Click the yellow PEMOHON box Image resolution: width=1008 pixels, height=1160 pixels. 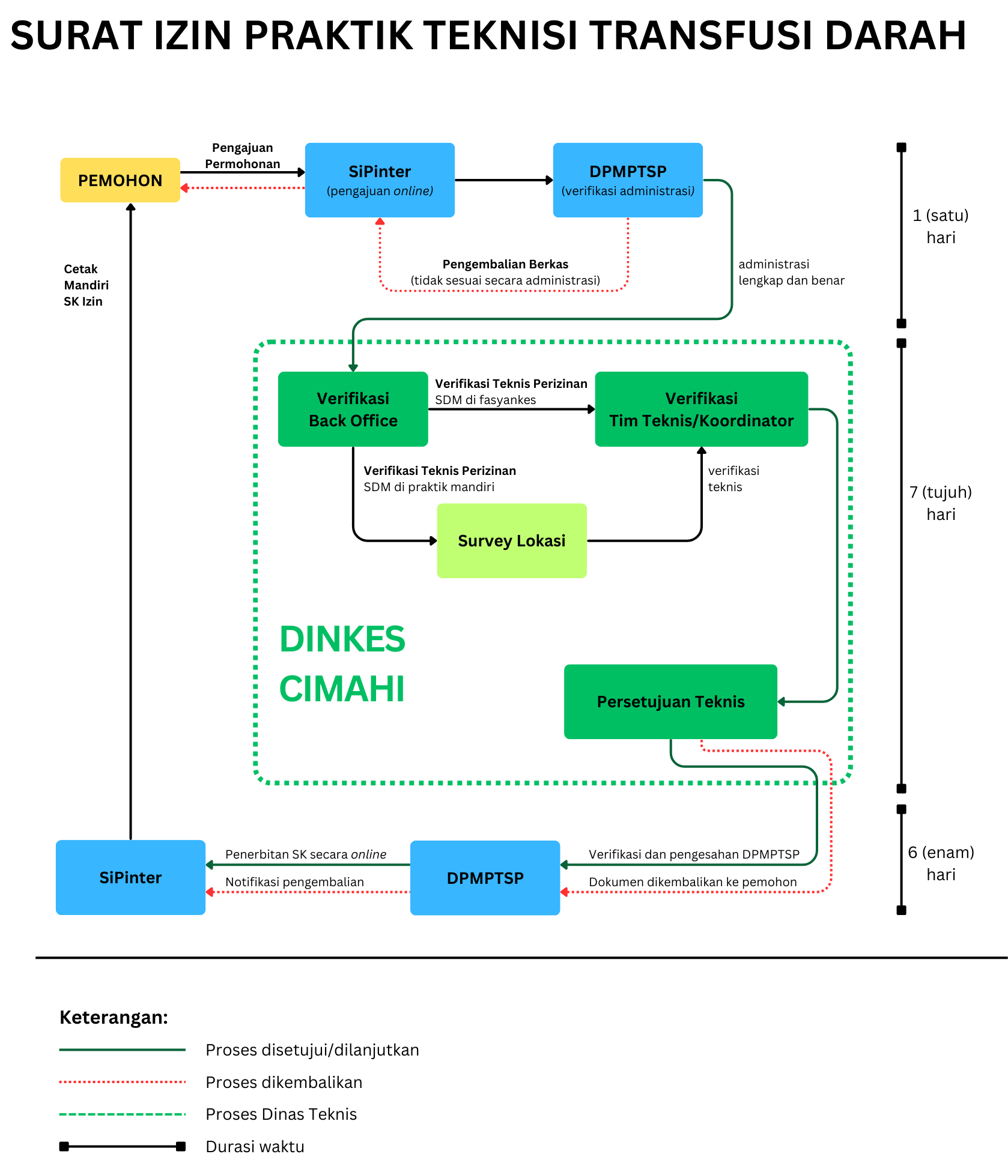(120, 180)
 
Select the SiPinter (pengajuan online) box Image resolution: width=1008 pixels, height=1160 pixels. (380, 180)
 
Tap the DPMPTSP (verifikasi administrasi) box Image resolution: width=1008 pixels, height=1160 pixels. (628, 180)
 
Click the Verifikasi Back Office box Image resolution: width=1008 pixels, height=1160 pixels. (353, 409)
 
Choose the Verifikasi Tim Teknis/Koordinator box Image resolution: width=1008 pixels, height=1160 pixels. (702, 409)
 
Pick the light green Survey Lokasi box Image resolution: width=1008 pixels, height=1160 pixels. (512, 541)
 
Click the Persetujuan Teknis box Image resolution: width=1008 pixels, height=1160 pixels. (670, 701)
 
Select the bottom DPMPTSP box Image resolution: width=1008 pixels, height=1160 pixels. (485, 878)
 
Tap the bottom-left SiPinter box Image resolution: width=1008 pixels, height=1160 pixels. (130, 877)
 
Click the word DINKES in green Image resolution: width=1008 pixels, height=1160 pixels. (342, 639)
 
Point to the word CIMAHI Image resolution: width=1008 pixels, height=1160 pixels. (342, 689)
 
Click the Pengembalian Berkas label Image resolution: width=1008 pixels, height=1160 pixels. (505, 264)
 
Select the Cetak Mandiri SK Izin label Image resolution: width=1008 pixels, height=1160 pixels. (87, 285)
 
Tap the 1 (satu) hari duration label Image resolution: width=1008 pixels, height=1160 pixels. (941, 226)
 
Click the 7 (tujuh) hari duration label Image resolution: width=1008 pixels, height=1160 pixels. (941, 503)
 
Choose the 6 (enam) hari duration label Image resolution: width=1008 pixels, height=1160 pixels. (941, 863)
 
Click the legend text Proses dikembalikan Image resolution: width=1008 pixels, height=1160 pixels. (284, 1082)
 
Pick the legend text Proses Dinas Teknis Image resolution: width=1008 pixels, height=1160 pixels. (281, 1114)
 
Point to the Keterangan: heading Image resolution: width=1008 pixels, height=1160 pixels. (114, 1018)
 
